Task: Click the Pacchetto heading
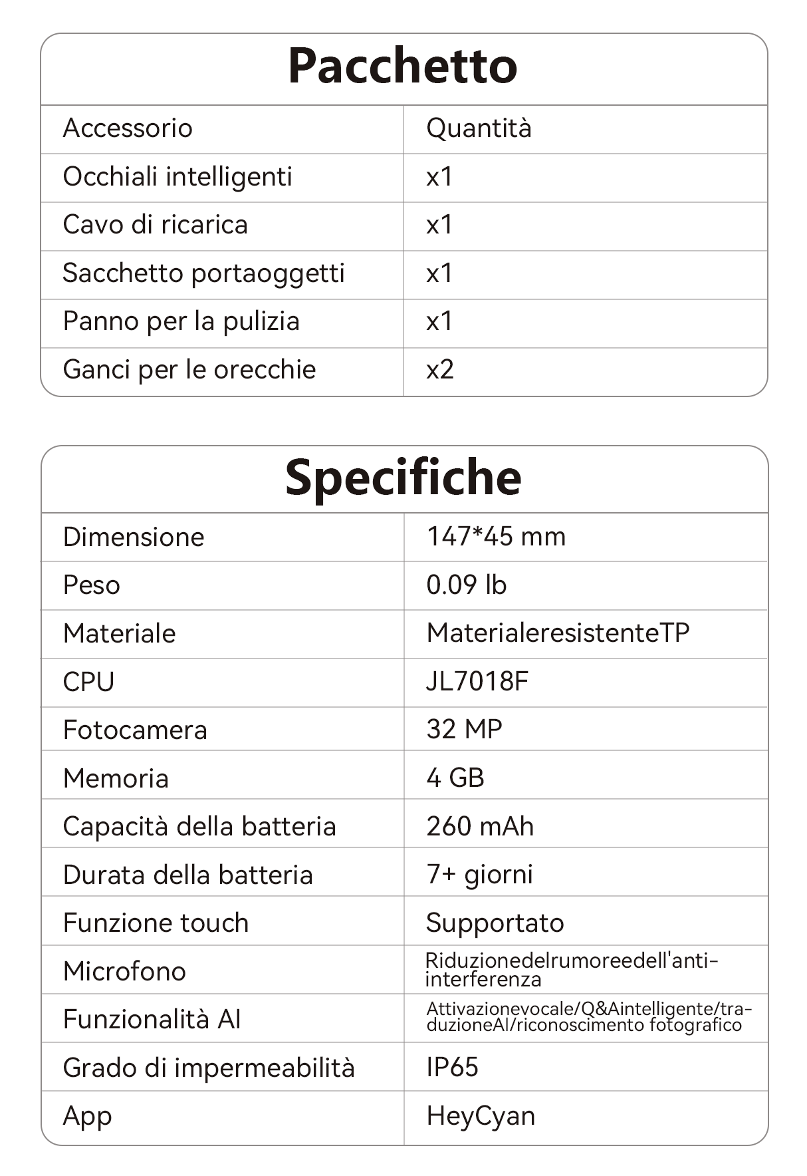(402, 67)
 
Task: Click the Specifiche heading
(403, 478)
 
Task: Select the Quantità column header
(479, 128)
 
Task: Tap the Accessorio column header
(128, 128)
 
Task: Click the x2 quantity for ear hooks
(440, 370)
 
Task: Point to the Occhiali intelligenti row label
(177, 177)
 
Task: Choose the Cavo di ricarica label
(155, 225)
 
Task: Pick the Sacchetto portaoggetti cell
(203, 273)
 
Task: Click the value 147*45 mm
(496, 537)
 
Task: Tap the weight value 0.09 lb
(466, 585)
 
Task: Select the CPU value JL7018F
(477, 682)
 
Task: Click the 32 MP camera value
(464, 730)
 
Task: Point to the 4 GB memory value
(455, 778)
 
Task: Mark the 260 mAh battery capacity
(480, 827)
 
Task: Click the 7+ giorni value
(479, 875)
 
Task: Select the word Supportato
(495, 923)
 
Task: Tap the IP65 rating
(452, 1068)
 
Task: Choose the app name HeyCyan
(481, 1116)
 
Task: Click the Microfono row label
(124, 972)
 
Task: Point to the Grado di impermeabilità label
(209, 1068)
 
